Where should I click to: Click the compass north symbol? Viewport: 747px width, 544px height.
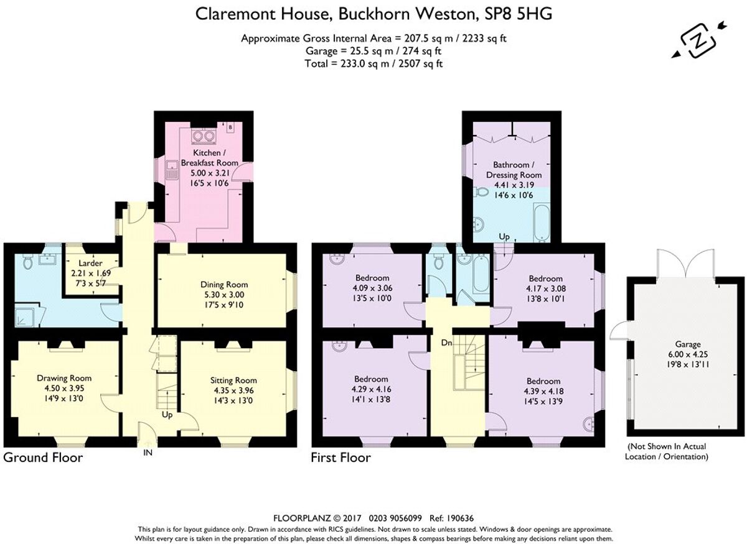(698, 42)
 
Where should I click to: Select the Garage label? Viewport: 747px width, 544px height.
(688, 344)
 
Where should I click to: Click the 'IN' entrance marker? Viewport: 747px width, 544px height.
(148, 453)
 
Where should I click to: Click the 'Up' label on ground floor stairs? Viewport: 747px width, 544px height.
(166, 414)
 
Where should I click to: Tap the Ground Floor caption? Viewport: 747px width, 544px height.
(43, 458)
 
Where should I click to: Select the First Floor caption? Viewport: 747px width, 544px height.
(341, 458)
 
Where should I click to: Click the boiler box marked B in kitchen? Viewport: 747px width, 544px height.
(230, 127)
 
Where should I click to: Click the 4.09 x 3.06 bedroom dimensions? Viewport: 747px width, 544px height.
(372, 288)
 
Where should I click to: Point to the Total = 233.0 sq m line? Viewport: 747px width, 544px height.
(374, 63)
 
